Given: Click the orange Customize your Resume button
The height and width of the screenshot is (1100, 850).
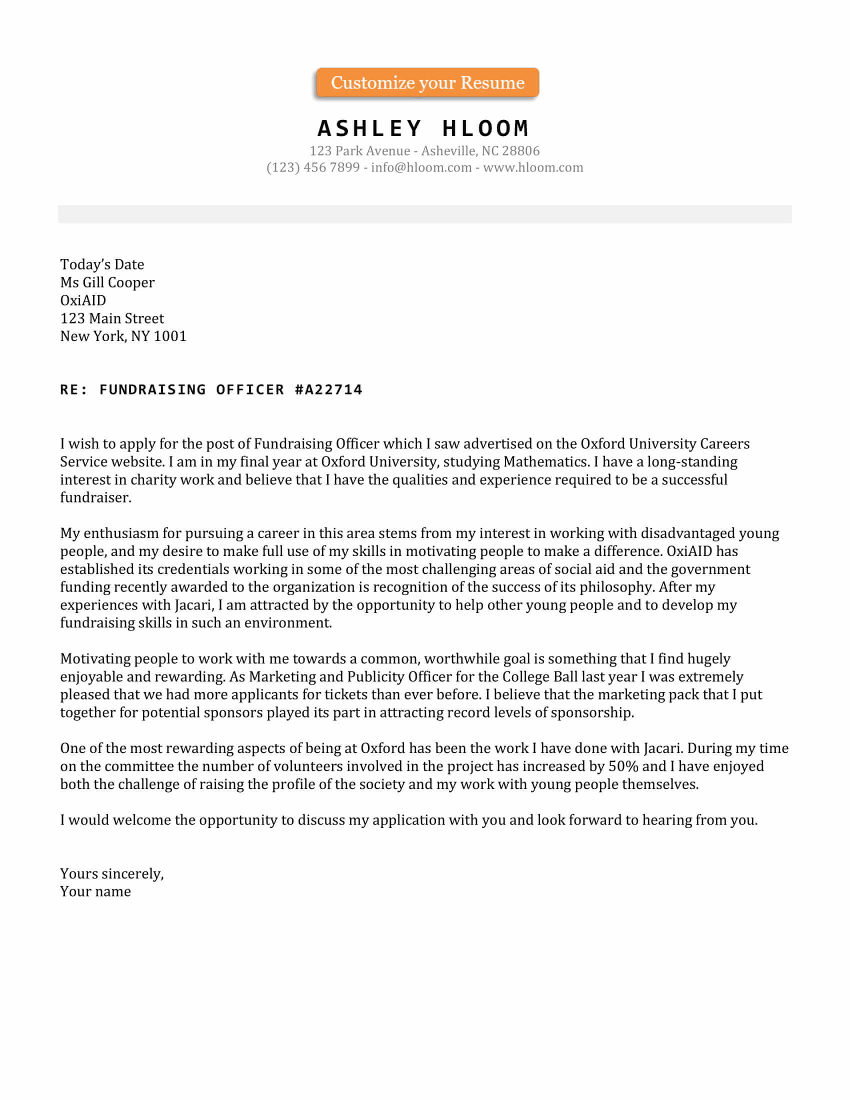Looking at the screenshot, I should [x=427, y=82].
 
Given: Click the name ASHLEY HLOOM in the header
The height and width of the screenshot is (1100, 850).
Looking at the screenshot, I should [x=423, y=128].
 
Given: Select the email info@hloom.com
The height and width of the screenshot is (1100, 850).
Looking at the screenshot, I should [x=421, y=167].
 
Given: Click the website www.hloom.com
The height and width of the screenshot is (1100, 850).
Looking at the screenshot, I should [x=533, y=167].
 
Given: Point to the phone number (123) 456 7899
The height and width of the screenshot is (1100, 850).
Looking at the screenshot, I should [x=312, y=167].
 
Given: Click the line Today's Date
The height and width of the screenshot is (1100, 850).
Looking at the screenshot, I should [x=102, y=264].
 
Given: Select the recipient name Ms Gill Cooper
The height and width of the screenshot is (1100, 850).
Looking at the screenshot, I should [x=107, y=282].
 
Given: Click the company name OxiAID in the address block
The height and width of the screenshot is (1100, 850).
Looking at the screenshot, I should [x=83, y=300].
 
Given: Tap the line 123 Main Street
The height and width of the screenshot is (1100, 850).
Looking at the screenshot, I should [x=112, y=318].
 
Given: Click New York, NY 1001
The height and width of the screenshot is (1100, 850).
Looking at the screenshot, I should [x=123, y=336].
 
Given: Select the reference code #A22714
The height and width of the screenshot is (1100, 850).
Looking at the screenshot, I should [x=328, y=390].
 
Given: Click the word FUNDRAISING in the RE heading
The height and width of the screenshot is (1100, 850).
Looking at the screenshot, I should [x=152, y=390].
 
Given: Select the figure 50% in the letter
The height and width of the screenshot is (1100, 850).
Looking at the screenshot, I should [x=623, y=766].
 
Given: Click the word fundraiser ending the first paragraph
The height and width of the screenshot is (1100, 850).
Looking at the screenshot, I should [x=95, y=497].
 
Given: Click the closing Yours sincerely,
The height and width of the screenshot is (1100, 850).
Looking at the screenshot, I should [x=112, y=873].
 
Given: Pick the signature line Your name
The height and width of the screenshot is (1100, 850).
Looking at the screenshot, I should [x=95, y=891].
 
